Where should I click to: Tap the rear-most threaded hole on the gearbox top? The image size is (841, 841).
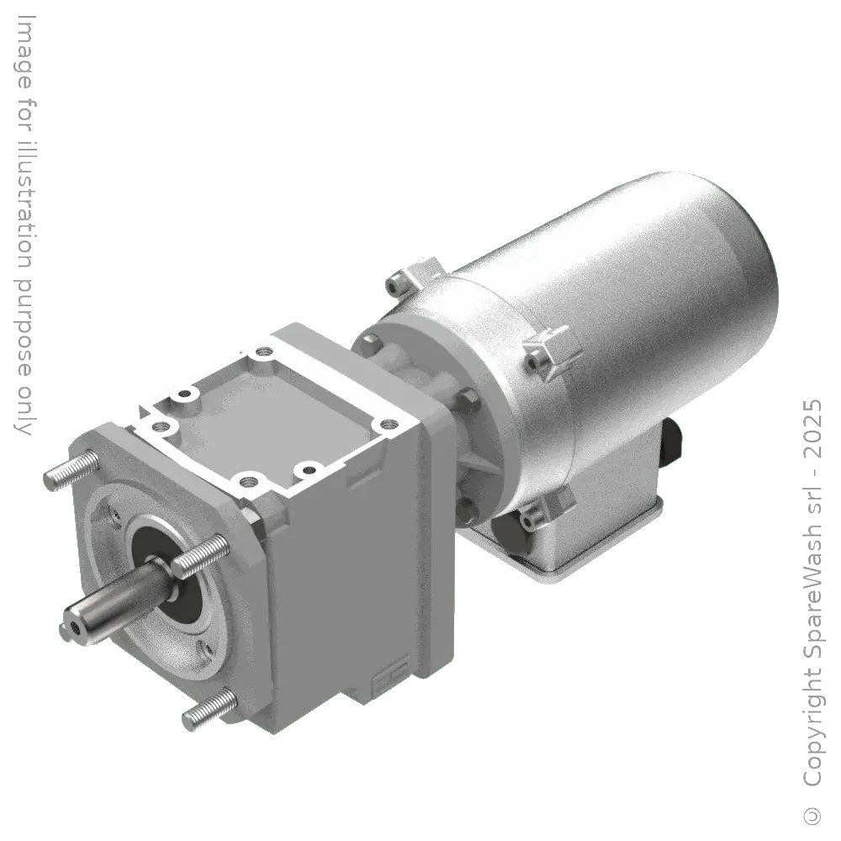click(266, 352)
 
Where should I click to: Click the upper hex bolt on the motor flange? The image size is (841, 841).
click(371, 344)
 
